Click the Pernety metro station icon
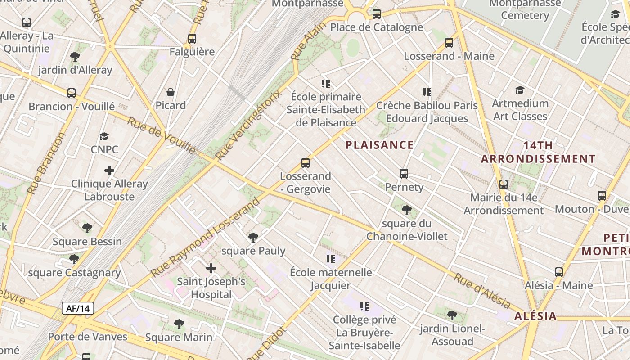[x=404, y=174]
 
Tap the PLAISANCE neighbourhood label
[x=379, y=145]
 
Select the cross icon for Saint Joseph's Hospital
[x=211, y=269]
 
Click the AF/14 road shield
[x=78, y=308]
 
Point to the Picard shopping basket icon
[x=171, y=92]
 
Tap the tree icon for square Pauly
[x=253, y=238]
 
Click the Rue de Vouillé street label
[x=162, y=135]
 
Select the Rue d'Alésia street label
[x=482, y=291]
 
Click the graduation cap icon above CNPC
[x=104, y=136]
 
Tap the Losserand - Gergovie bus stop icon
[x=306, y=163]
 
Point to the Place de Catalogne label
[x=377, y=27]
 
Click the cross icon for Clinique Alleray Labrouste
[x=109, y=171]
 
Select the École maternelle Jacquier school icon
[x=331, y=259]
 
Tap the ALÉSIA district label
[x=535, y=316]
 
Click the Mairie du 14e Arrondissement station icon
[x=504, y=184]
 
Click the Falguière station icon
[x=192, y=39]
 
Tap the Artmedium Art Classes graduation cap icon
[x=520, y=90]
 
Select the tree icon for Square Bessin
[x=87, y=228]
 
